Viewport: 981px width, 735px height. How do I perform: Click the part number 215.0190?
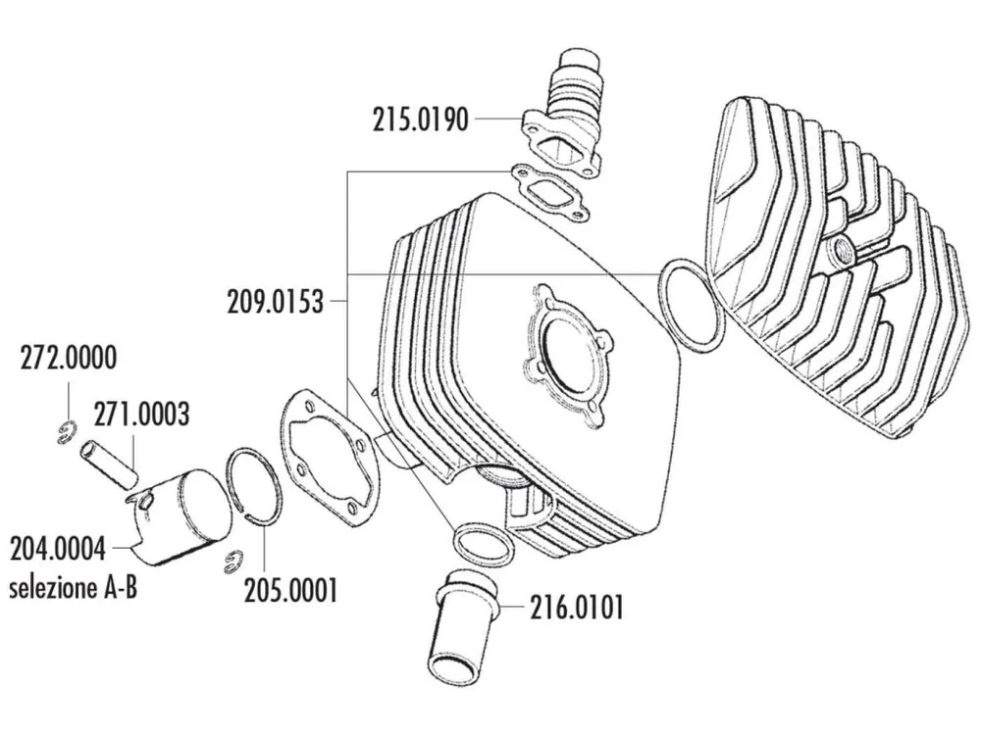point(419,120)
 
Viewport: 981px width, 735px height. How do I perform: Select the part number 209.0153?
point(276,301)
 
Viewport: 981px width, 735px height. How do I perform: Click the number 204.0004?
point(58,546)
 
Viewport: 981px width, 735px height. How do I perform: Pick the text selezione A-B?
point(73,590)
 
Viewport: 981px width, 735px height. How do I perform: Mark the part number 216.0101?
point(575,608)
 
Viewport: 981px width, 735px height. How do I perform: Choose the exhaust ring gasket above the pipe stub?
point(483,545)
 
